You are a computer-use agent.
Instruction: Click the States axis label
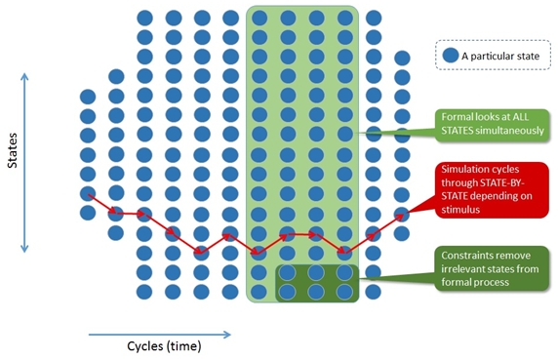click(x=13, y=150)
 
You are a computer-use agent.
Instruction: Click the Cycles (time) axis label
click(x=164, y=346)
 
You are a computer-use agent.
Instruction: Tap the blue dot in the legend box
click(x=451, y=56)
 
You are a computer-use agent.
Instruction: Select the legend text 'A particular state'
click(x=500, y=57)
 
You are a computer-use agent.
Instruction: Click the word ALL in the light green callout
click(x=520, y=117)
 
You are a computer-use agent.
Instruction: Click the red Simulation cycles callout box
click(x=492, y=189)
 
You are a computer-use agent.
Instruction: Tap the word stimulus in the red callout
click(x=460, y=210)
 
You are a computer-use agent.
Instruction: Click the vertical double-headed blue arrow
click(x=24, y=163)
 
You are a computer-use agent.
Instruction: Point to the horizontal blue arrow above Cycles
click(x=160, y=335)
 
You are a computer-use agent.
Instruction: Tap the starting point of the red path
click(x=89, y=195)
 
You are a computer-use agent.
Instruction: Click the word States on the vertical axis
click(x=13, y=150)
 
